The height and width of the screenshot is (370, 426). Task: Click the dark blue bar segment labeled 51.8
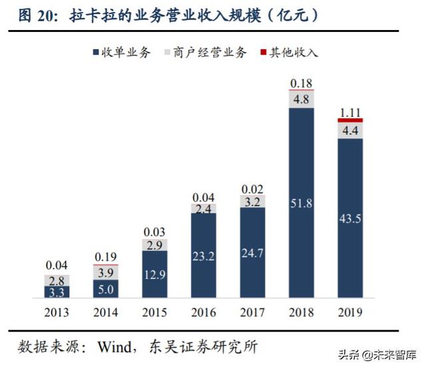tap(302, 202)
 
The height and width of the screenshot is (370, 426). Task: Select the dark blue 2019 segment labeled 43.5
tap(350, 217)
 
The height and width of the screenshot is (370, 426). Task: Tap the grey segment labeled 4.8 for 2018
tap(302, 99)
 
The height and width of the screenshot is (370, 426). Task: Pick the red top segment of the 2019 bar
tap(350, 120)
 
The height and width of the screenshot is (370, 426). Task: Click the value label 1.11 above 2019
tap(350, 111)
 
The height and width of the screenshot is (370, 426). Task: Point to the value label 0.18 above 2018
tap(302, 83)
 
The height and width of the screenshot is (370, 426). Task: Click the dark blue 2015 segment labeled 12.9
tap(154, 273)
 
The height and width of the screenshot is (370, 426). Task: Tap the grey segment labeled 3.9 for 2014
tap(106, 272)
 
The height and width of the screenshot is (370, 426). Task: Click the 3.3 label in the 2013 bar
tap(57, 291)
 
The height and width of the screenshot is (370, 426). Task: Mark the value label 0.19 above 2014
tap(106, 256)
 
